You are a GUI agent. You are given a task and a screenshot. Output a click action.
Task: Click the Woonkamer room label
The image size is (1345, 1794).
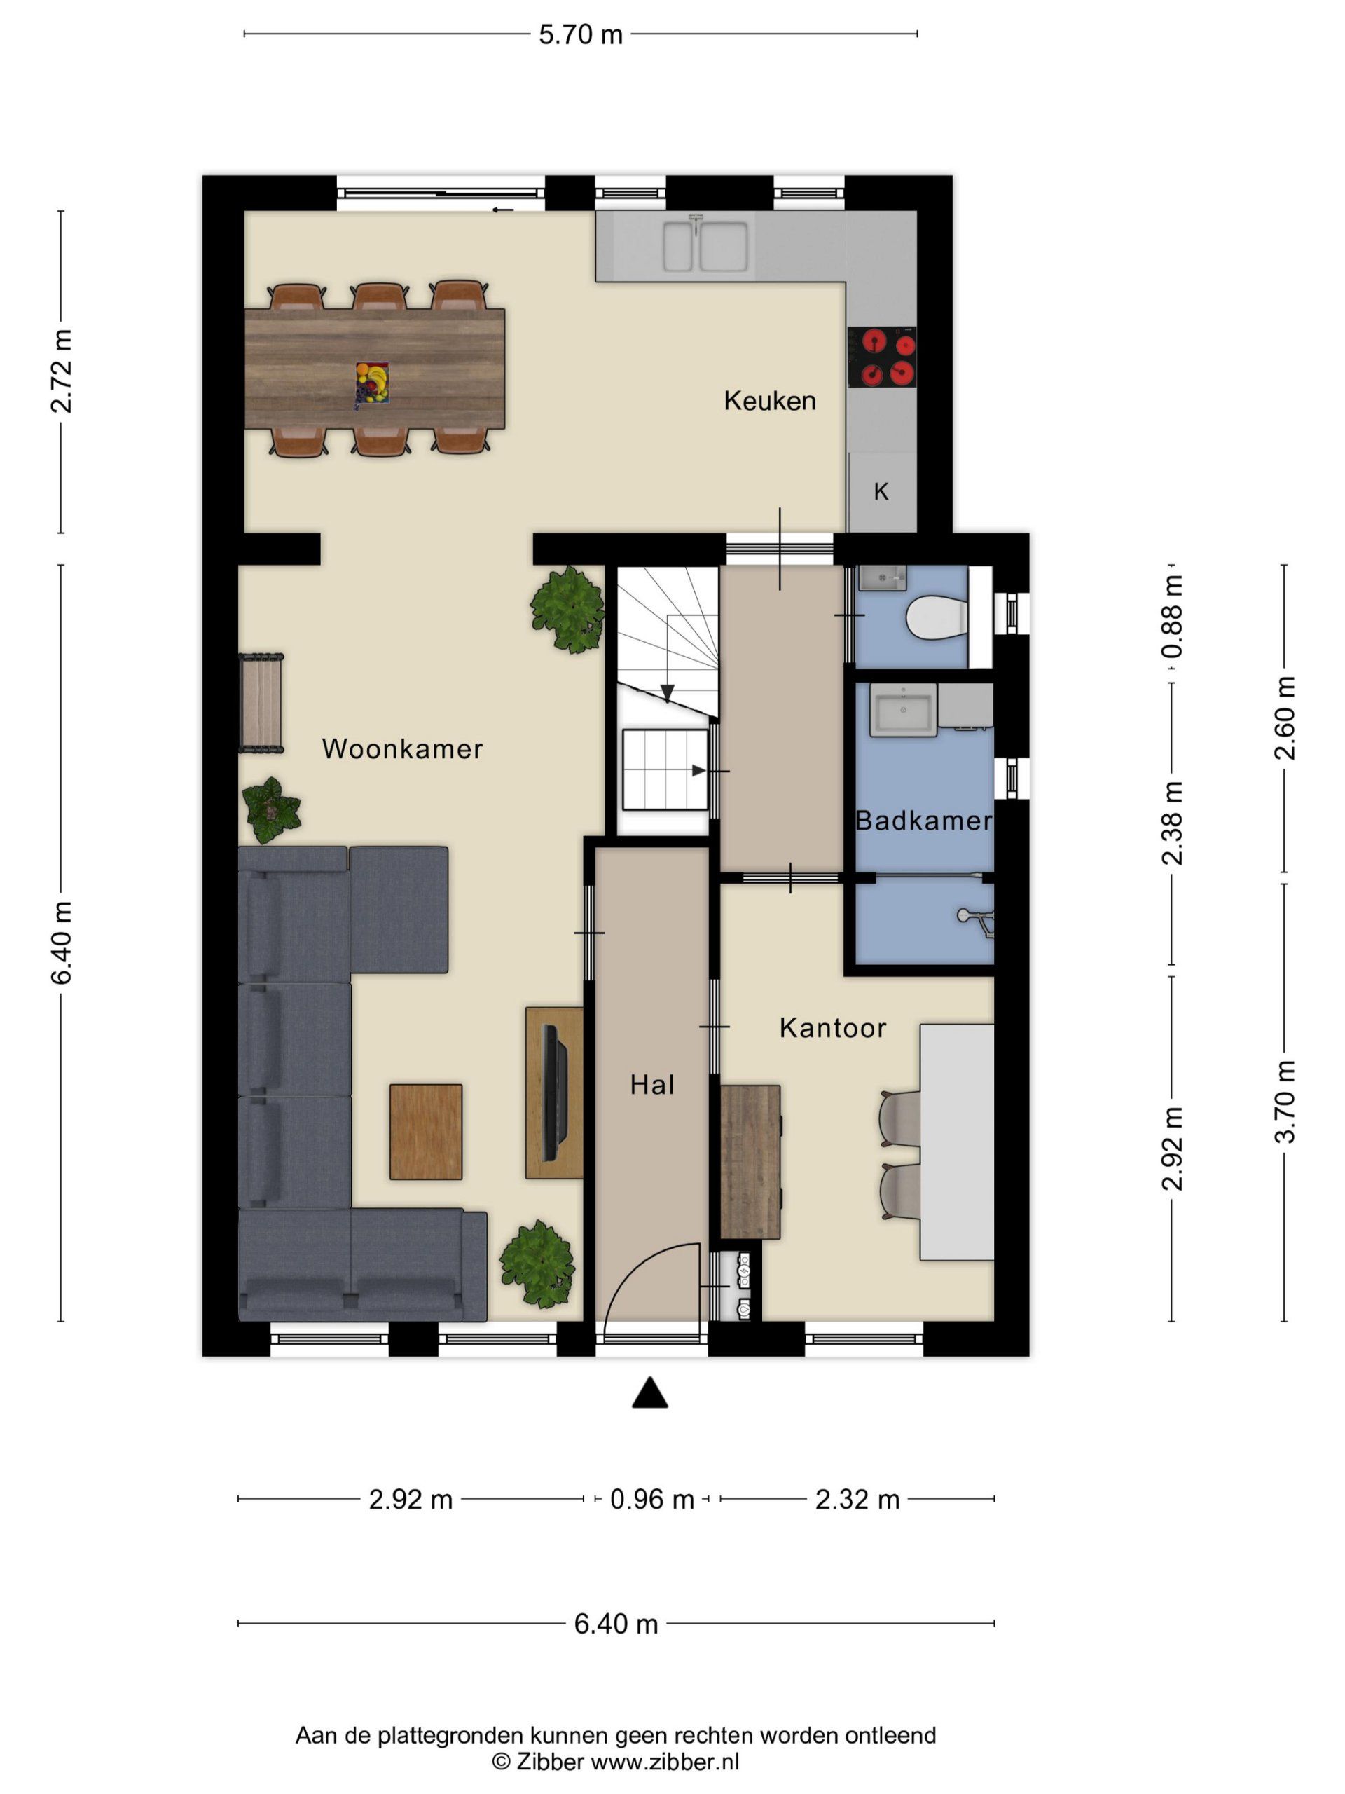click(x=402, y=748)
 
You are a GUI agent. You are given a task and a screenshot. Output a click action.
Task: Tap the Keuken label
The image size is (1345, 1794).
click(x=769, y=401)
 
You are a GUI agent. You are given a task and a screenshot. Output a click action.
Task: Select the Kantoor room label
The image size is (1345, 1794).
click(x=833, y=1028)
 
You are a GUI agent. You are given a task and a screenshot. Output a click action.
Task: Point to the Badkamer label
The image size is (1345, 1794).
click(x=924, y=821)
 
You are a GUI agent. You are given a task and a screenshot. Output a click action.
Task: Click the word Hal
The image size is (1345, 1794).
click(x=651, y=1085)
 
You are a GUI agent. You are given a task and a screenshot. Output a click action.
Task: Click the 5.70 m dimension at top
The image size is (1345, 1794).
click(x=581, y=35)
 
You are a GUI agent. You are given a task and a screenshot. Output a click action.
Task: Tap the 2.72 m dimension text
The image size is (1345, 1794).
click(x=62, y=371)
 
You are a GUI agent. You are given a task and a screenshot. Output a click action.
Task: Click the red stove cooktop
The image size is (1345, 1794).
click(x=882, y=357)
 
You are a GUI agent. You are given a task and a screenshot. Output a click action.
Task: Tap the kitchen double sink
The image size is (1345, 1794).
click(x=705, y=246)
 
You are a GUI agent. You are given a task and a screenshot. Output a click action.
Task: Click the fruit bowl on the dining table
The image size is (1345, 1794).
click(x=372, y=383)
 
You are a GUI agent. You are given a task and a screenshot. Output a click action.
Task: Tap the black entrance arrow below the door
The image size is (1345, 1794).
click(x=649, y=1392)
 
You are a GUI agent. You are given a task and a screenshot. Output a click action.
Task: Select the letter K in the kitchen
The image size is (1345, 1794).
click(x=881, y=491)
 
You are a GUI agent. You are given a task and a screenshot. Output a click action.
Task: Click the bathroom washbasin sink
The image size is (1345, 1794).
click(x=902, y=710)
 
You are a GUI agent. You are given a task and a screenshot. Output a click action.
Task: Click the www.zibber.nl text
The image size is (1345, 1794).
click(x=665, y=1761)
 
